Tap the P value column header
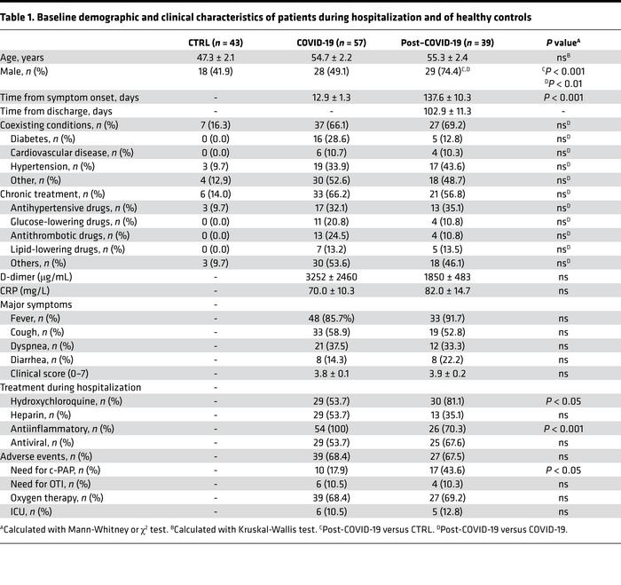[561, 42]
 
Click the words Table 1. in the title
[25, 16]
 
